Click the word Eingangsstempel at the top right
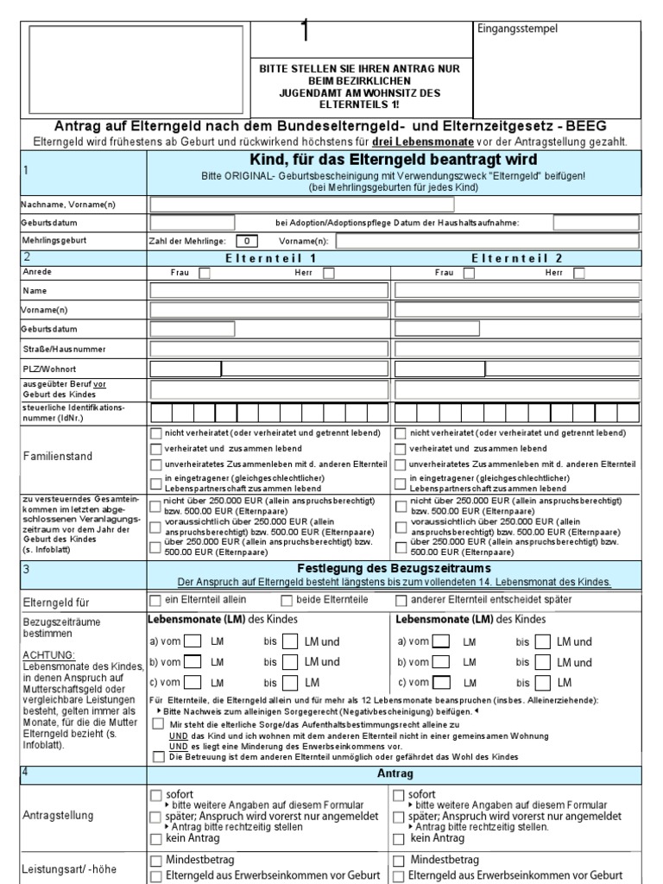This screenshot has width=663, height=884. pyautogui.click(x=518, y=28)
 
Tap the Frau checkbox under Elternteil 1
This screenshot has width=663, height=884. pyautogui.click(x=205, y=273)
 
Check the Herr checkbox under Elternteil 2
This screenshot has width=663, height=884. pyautogui.click(x=579, y=273)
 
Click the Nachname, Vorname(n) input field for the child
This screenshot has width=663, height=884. pyautogui.click(x=302, y=205)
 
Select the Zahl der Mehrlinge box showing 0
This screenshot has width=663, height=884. pyautogui.click(x=247, y=241)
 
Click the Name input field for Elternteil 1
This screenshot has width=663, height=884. pyautogui.click(x=270, y=291)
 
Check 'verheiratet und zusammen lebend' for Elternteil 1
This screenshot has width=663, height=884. pyautogui.click(x=155, y=449)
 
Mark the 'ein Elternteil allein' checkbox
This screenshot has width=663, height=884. pyautogui.click(x=155, y=600)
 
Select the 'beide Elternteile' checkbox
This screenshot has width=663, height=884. pyautogui.click(x=287, y=600)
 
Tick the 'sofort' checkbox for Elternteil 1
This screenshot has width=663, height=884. pyautogui.click(x=155, y=794)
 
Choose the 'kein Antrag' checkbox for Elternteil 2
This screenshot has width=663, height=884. pyautogui.click(x=399, y=838)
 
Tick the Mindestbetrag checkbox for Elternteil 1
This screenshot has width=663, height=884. pyautogui.click(x=155, y=861)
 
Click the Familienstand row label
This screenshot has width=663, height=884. pyautogui.click(x=57, y=456)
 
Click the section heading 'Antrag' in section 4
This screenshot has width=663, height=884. pyautogui.click(x=395, y=774)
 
